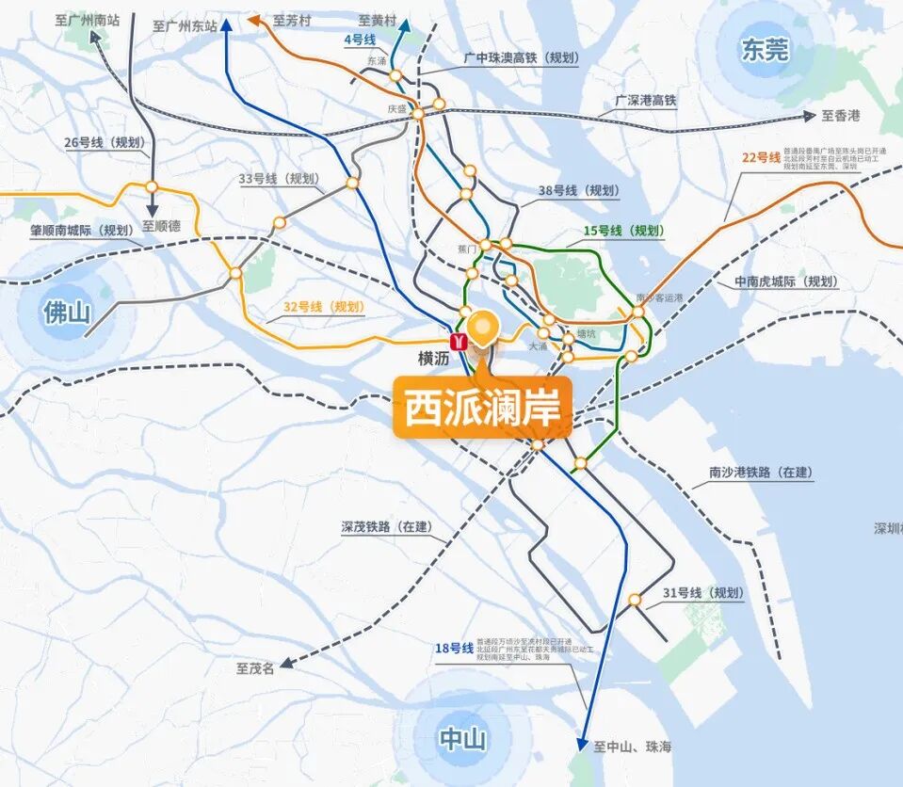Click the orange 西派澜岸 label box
coord(482,409)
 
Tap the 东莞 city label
coord(764,50)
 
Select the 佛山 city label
coord(66,312)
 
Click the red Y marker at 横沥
coord(459,342)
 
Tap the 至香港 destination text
coord(841,116)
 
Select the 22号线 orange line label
coord(762,156)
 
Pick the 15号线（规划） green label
coord(622,231)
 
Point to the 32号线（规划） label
coord(323,307)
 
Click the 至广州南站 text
coord(93,19)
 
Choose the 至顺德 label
coord(160,226)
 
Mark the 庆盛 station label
coord(397,109)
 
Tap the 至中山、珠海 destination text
coord(633,747)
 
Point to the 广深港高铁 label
coord(645,100)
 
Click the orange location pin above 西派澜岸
coord(483,328)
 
